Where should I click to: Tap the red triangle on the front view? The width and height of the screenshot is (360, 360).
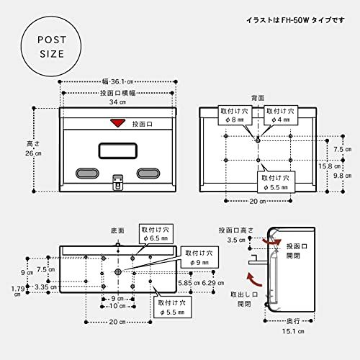click(117, 123)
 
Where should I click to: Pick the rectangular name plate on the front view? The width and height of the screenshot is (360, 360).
click(117, 150)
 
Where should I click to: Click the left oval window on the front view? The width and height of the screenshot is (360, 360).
click(85, 174)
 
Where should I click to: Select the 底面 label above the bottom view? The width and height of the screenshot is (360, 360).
click(117, 230)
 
